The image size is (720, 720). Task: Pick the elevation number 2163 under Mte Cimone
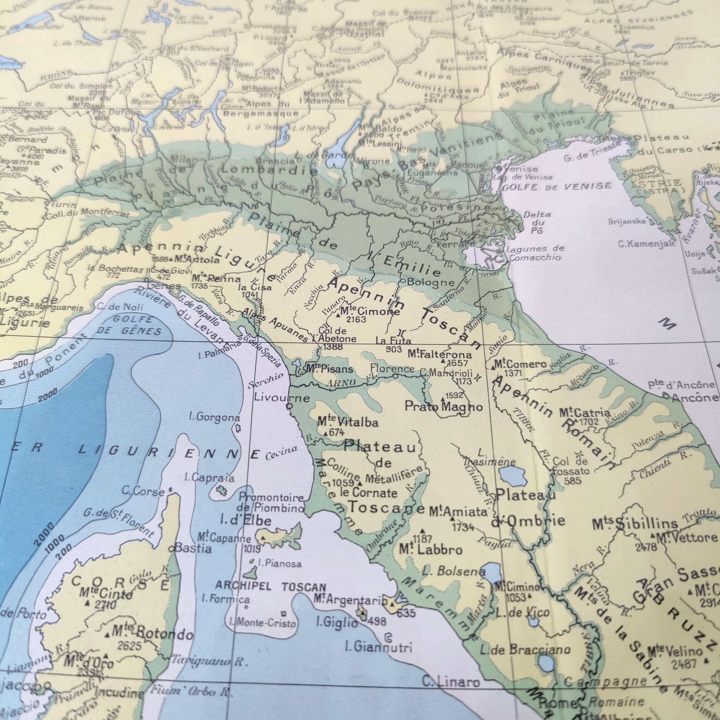pyautogui.click(x=356, y=319)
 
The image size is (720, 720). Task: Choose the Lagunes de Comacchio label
pyautogui.click(x=534, y=253)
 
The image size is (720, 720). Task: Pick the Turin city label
pyautogui.click(x=63, y=205)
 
